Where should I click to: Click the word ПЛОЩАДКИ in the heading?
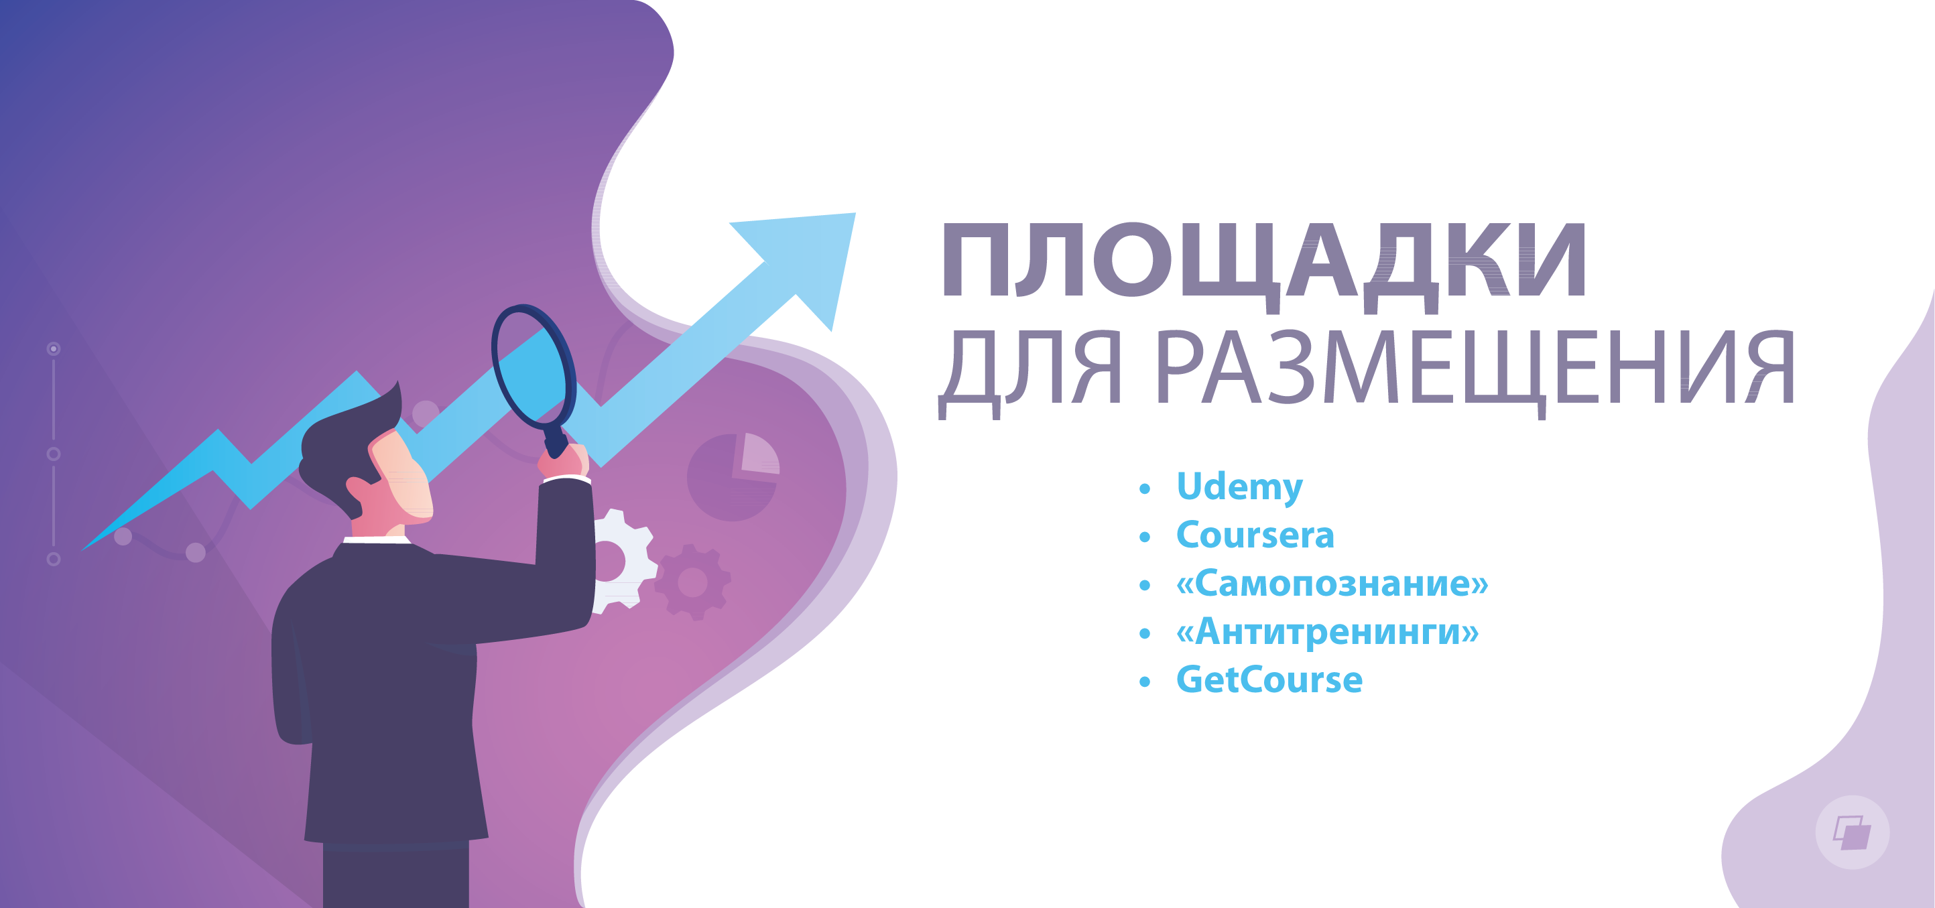tap(1264, 267)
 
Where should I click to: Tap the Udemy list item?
tap(1239, 487)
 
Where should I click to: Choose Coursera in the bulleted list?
tap(1255, 535)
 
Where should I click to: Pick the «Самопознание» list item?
tap(1332, 584)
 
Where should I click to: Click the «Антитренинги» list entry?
tap(1327, 632)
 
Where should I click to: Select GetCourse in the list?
tap(1269, 679)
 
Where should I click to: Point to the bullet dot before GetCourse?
tap(1145, 682)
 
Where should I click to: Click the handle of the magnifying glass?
tap(556, 440)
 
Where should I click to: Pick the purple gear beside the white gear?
tap(692, 582)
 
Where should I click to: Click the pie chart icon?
tap(733, 476)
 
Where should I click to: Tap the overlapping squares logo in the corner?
tap(1853, 832)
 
